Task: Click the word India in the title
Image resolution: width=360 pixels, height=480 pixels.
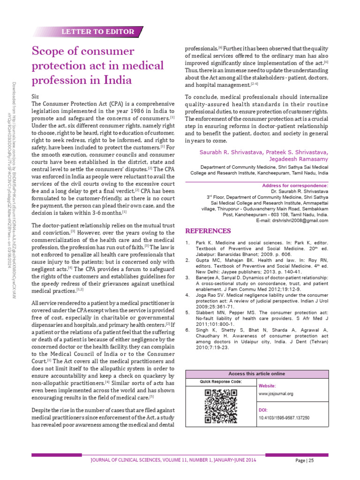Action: click(x=116, y=80)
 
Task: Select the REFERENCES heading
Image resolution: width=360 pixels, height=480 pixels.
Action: click(x=208, y=231)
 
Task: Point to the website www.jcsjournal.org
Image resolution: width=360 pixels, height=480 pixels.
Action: click(x=276, y=394)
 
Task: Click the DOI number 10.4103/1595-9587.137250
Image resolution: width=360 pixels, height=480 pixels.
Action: click(x=284, y=418)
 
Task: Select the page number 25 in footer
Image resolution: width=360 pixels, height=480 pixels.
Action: click(x=311, y=460)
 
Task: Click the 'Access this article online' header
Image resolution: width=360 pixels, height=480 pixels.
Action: click(x=256, y=374)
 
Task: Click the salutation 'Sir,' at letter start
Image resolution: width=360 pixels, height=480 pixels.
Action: click(x=35, y=96)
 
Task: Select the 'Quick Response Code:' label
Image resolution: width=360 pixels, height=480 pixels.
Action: click(x=220, y=382)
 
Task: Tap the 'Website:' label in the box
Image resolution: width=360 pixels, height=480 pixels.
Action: click(x=268, y=385)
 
